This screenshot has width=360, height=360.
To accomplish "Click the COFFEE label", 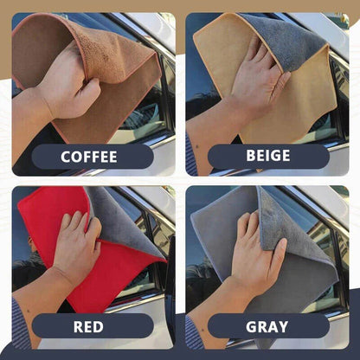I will point(92,157).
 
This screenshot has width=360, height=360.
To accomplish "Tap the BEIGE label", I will point(268,157).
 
